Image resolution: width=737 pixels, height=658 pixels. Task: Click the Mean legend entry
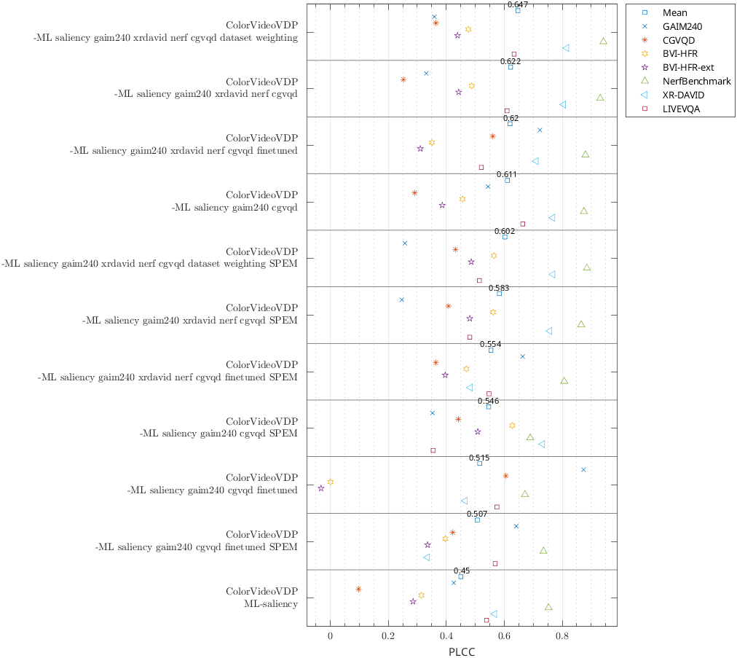point(674,12)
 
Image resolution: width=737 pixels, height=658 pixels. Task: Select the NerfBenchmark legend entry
point(696,82)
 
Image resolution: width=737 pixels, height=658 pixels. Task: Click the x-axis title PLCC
point(462,651)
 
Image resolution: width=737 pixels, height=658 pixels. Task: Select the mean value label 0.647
point(518,4)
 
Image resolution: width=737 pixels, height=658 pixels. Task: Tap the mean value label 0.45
point(461,571)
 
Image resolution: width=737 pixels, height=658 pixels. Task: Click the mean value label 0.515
point(478,458)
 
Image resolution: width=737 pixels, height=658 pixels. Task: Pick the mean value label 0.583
point(499,288)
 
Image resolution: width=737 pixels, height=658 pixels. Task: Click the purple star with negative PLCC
point(321,488)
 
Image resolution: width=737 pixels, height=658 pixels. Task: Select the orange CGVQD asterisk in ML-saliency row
point(358,589)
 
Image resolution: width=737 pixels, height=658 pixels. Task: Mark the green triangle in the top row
point(603,41)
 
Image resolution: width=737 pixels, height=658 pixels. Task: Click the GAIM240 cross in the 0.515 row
point(583,470)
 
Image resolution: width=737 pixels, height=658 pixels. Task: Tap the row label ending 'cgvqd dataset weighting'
point(165,38)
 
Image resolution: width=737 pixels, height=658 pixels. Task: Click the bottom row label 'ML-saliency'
point(270,604)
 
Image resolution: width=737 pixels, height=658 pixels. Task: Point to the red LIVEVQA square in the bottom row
point(486,620)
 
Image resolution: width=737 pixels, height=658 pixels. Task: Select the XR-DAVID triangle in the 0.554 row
point(470,388)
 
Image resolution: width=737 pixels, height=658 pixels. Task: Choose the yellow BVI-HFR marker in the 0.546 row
point(512,426)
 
